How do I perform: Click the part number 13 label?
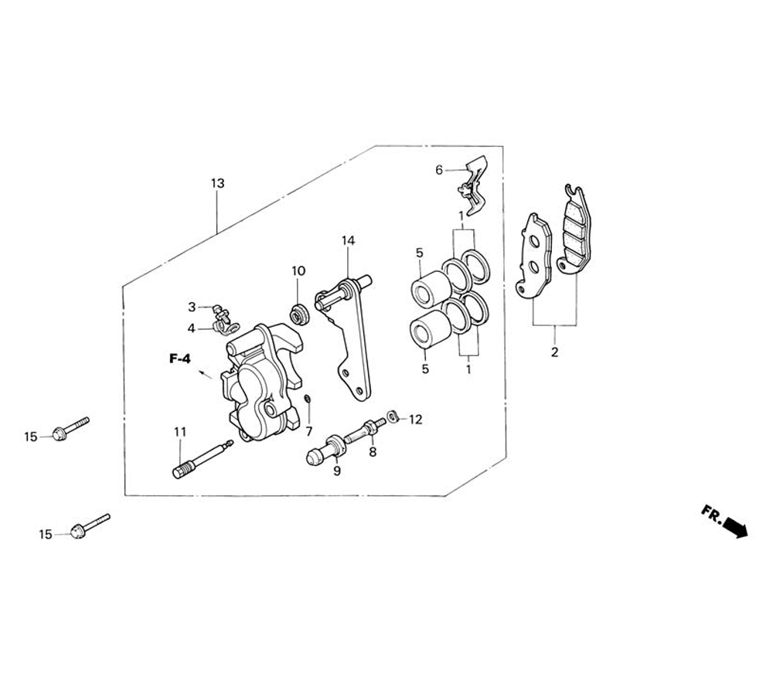[x=217, y=183]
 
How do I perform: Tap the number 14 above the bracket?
[x=348, y=241]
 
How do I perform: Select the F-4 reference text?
[x=180, y=359]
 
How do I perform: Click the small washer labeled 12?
[x=393, y=417]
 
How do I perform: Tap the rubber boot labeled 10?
[x=299, y=313]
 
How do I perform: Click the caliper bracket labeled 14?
[x=348, y=340]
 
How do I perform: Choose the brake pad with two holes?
[x=533, y=255]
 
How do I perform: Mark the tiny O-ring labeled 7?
[x=307, y=399]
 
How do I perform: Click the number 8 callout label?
[x=373, y=452]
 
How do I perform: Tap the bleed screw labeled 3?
[x=218, y=311]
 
